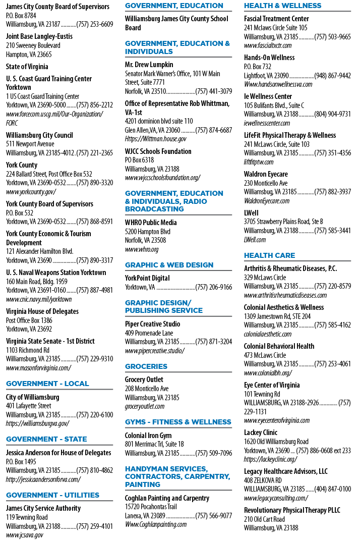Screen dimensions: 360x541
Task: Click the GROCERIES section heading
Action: [146, 366]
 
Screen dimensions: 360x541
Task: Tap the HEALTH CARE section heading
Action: [269, 255]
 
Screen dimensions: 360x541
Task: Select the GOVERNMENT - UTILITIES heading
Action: [52, 495]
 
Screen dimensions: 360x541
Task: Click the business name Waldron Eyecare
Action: [266, 174]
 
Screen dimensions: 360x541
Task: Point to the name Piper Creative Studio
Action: [152, 324]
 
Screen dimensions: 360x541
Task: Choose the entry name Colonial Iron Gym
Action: [148, 436]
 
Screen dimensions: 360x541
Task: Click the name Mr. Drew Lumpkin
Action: [149, 65]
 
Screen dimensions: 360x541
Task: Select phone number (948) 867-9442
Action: [332, 76]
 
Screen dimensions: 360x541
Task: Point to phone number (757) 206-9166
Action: [214, 287]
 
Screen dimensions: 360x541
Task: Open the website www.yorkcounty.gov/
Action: [31, 192]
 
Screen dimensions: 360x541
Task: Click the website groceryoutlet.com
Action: [145, 406]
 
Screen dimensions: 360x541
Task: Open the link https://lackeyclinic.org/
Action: [270, 459]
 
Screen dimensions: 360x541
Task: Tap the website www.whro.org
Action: [142, 249]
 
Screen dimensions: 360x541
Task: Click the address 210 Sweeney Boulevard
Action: [33, 45]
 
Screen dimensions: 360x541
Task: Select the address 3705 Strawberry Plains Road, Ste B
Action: [283, 222]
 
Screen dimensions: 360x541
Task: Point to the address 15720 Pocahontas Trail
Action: [151, 507]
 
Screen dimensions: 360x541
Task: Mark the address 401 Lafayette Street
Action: [29, 406]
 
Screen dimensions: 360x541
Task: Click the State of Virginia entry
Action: [27, 67]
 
